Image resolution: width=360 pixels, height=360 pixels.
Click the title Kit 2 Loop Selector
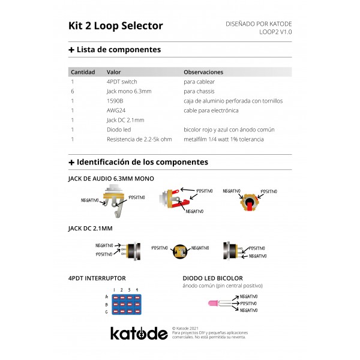116,26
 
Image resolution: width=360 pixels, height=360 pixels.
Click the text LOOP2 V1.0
275,32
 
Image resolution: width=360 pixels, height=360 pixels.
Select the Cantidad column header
83,72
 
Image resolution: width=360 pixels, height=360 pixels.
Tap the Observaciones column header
203,72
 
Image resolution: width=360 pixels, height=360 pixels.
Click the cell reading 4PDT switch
122,82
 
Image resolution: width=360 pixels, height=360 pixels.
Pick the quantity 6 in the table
73,91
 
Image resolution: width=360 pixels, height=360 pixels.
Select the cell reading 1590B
115,101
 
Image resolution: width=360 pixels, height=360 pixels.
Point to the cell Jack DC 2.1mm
125,120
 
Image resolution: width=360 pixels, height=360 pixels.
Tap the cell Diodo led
119,130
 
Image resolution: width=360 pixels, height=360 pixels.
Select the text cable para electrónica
211,110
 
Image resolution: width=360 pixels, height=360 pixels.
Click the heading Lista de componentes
119,50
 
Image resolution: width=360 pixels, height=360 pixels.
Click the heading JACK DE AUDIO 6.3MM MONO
111,179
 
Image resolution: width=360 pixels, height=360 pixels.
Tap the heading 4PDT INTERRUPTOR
97,278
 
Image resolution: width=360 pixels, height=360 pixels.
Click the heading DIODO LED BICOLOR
212,278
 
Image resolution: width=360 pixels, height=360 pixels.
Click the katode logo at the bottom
138,333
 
